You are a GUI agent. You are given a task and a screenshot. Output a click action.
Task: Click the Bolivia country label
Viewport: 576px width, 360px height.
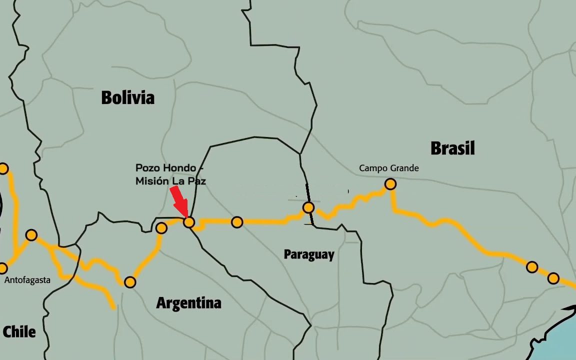click(127, 97)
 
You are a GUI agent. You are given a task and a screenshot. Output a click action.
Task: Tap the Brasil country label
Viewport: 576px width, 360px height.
click(452, 148)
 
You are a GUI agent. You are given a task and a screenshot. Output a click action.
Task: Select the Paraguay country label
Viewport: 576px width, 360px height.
click(309, 254)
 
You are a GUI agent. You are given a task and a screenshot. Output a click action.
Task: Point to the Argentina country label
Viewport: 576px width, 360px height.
click(188, 303)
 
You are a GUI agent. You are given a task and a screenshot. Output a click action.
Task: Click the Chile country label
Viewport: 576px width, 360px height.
click(19, 331)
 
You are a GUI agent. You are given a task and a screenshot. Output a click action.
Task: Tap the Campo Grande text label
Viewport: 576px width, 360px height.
click(389, 168)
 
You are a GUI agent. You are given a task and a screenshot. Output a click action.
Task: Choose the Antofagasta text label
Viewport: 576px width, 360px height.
click(27, 280)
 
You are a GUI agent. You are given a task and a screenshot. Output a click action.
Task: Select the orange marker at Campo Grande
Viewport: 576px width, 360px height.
click(390, 184)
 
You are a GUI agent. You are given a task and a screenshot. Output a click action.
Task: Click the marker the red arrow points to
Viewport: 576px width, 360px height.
click(189, 222)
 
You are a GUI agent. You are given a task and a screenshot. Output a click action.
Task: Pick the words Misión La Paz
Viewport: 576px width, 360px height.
click(170, 181)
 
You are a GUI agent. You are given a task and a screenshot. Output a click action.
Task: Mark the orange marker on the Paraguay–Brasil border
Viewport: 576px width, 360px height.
click(308, 207)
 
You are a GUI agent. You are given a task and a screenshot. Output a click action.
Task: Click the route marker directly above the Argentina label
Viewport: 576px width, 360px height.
click(130, 282)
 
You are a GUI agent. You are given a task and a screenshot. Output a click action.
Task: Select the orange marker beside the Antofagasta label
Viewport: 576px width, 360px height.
click(3, 268)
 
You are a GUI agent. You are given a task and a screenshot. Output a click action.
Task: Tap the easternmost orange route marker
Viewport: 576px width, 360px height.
click(553, 278)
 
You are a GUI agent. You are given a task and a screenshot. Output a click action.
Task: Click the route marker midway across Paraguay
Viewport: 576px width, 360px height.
click(237, 222)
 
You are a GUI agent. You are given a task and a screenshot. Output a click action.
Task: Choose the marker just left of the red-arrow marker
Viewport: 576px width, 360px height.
click(161, 228)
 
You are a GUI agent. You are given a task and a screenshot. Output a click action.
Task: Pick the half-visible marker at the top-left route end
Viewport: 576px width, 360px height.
click(3, 168)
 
